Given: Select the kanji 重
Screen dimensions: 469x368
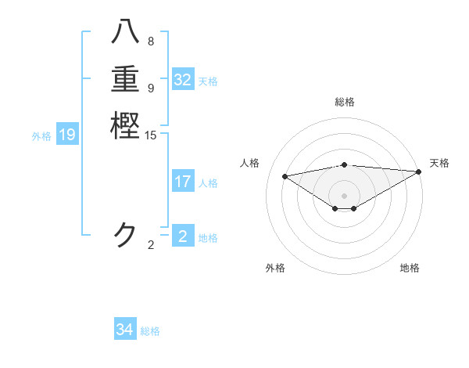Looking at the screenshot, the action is pyautogui.click(x=125, y=81).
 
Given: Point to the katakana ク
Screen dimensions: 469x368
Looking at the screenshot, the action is pyautogui.click(x=125, y=235).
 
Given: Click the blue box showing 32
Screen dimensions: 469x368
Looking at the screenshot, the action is pyautogui.click(x=183, y=80).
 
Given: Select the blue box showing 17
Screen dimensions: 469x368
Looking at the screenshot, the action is pyautogui.click(x=183, y=182).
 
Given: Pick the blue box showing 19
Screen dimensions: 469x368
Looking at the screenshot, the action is pyautogui.click(x=67, y=135).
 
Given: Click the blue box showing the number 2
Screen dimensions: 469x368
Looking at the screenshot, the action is pyautogui.click(x=183, y=236).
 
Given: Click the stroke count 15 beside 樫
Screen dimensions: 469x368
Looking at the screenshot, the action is pyautogui.click(x=151, y=136).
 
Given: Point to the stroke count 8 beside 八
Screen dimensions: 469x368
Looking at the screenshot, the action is pyautogui.click(x=151, y=41).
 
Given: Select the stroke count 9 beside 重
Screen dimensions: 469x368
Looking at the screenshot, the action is pyautogui.click(x=151, y=88).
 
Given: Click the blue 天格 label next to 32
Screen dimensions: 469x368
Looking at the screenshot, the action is pyautogui.click(x=208, y=81).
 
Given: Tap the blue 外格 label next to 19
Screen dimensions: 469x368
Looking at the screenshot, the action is pyautogui.click(x=41, y=136).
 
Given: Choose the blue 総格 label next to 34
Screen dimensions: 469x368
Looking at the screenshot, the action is pyautogui.click(x=150, y=331).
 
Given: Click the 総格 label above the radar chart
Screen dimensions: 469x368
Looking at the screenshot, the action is pyautogui.click(x=345, y=102).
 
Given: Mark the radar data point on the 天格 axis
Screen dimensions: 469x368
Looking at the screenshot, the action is pyautogui.click(x=420, y=172).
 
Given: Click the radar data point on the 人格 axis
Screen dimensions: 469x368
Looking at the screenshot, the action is pyautogui.click(x=285, y=175).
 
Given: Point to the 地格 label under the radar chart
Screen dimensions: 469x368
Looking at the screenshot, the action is pyautogui.click(x=410, y=268).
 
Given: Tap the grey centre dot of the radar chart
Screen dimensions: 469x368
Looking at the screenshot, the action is pyautogui.click(x=345, y=195).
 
